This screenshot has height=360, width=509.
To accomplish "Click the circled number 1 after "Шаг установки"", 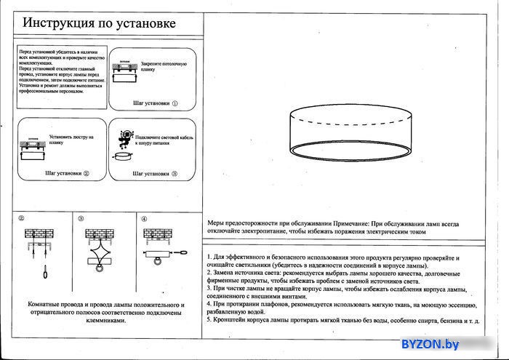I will [x=175, y=104].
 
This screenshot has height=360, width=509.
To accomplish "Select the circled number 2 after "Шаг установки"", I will [x=86, y=174].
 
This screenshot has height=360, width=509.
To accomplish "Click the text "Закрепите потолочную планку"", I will [x=159, y=67].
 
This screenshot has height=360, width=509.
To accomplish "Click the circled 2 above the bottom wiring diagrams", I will [x=22, y=219].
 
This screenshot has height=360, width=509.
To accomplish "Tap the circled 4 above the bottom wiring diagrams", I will [x=144, y=219].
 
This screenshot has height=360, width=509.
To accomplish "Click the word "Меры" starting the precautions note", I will [x=217, y=224].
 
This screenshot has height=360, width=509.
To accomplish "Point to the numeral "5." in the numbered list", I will [x=209, y=319].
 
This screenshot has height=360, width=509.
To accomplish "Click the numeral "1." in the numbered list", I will [x=209, y=258].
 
